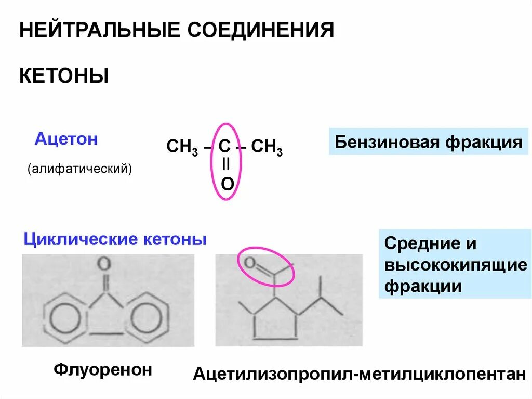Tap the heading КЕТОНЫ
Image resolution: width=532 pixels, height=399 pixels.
point(64,76)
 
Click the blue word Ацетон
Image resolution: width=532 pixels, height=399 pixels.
point(66,139)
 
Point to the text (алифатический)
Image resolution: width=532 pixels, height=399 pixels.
point(81,169)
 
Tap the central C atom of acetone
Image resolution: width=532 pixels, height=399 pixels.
point(224,146)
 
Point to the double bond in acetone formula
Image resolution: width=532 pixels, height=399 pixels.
point(226,164)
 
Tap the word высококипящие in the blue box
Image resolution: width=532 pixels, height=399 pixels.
point(456,265)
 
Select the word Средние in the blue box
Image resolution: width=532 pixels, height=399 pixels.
point(415,244)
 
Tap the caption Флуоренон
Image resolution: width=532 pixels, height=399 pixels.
point(103,370)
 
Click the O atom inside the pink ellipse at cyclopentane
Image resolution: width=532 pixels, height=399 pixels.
point(250,263)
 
